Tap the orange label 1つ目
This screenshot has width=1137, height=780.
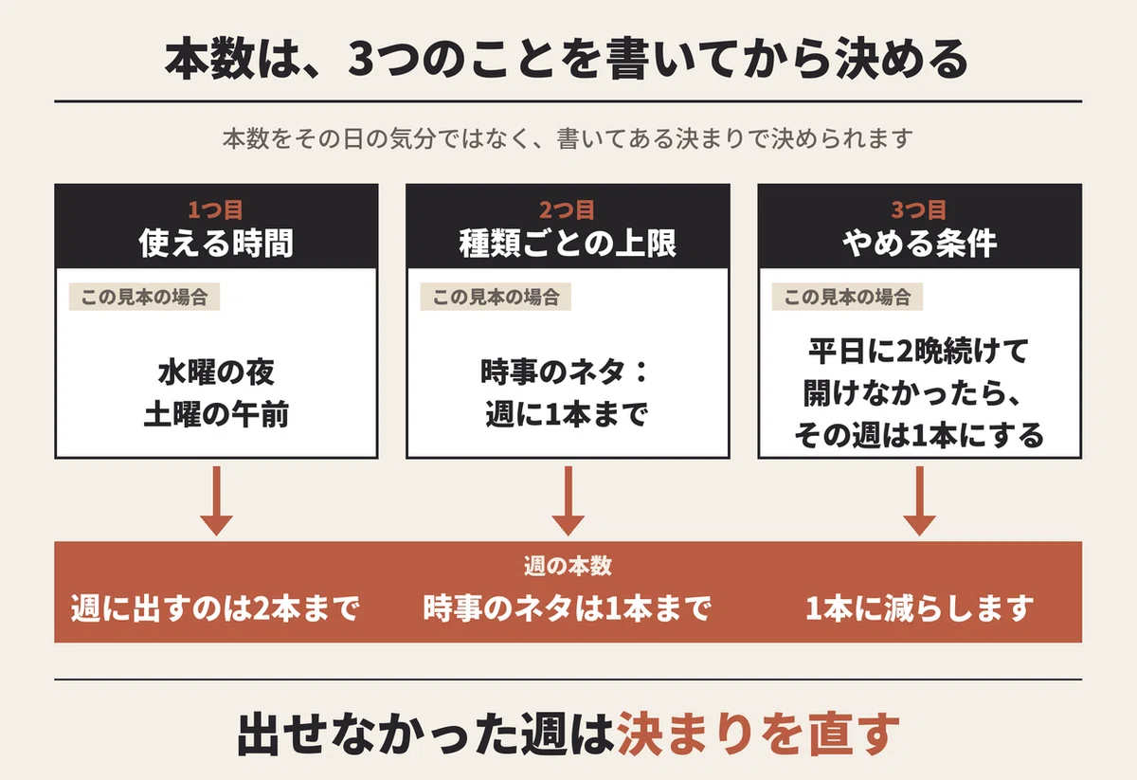click(216, 209)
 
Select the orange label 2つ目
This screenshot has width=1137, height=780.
click(567, 209)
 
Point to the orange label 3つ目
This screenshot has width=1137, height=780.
click(919, 209)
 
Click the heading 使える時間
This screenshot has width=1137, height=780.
click(216, 244)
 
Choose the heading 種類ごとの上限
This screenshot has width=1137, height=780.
click(568, 244)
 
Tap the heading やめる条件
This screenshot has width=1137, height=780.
click(920, 244)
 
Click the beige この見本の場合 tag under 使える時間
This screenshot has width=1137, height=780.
click(144, 297)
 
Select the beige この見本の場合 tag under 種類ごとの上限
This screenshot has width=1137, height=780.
click(496, 297)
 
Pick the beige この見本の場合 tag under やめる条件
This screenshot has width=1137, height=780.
click(847, 297)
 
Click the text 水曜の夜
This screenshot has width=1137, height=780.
click(216, 372)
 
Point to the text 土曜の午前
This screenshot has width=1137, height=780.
click(216, 414)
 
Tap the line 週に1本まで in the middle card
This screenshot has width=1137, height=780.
click(567, 414)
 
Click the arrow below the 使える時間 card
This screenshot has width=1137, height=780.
click(216, 500)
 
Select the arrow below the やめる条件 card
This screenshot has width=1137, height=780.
click(919, 500)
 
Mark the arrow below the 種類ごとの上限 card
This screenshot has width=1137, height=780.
click(568, 500)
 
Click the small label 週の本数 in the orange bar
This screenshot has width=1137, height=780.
click(568, 566)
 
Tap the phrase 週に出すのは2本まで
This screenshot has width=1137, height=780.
click(215, 608)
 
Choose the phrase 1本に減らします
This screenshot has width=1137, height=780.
click(919, 608)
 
